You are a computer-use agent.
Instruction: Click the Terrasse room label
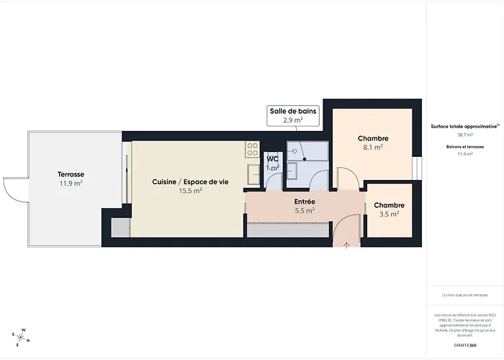point(71,174)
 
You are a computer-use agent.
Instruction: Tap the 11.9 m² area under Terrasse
point(71,184)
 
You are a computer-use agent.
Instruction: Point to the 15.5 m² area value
point(190,192)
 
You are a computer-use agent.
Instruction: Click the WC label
point(273,158)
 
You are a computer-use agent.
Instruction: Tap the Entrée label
point(305,202)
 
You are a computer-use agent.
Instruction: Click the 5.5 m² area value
point(305,212)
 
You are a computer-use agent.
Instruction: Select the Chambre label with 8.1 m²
point(373,138)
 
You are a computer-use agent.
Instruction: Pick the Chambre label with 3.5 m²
point(389,205)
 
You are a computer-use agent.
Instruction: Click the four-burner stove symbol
point(253,149)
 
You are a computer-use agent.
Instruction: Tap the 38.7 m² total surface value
point(465,135)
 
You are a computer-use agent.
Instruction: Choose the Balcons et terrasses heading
point(465,147)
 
